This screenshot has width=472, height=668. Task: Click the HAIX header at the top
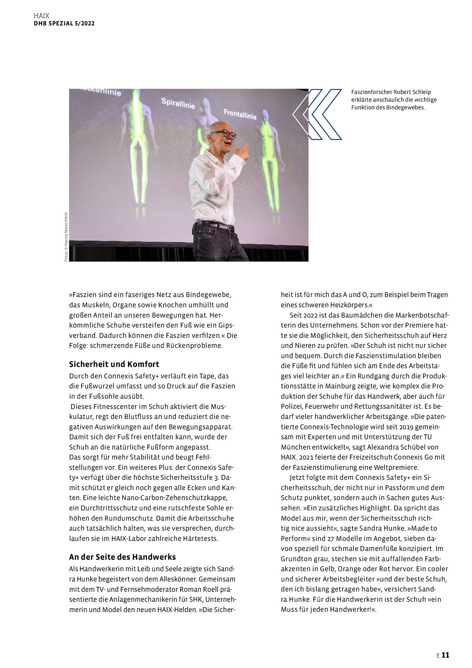(x=41, y=16)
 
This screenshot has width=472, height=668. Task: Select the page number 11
(x=445, y=655)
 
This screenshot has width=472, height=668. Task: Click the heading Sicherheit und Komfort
(x=114, y=364)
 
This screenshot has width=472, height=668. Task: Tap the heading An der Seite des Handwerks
(x=122, y=557)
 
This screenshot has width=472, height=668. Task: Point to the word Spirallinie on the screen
(x=178, y=103)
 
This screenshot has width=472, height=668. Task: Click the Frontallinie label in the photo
(x=240, y=114)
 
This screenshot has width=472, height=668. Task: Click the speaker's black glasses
(x=224, y=134)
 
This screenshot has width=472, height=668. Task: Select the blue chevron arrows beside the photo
(x=317, y=114)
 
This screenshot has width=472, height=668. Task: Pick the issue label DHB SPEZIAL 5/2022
(x=64, y=24)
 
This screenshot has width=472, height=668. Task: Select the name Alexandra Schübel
(x=397, y=447)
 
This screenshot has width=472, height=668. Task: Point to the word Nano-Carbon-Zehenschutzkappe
(x=177, y=498)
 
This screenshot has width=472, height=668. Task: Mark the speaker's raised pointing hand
(x=243, y=151)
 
